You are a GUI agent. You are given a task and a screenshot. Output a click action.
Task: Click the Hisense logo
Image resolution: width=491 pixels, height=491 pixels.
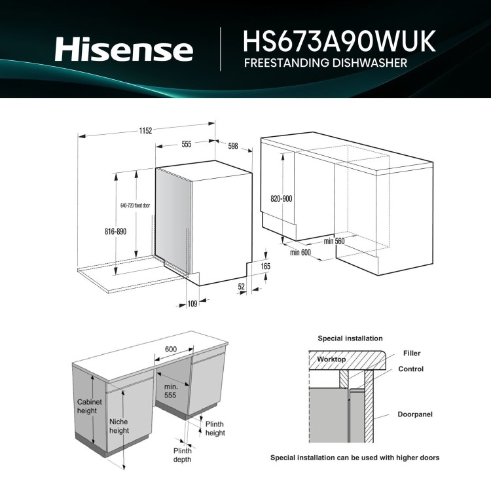coord(124,49)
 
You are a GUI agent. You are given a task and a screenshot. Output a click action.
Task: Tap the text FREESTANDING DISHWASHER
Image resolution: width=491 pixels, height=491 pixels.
coord(325,64)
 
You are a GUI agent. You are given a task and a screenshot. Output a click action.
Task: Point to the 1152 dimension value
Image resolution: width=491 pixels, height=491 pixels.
coord(145,131)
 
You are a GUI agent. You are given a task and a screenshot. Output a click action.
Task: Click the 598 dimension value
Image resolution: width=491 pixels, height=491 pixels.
coord(233,146)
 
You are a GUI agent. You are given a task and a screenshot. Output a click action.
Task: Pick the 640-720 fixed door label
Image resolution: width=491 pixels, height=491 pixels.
coord(136,206)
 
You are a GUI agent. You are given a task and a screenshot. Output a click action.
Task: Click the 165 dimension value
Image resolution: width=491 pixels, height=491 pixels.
coord(264,266)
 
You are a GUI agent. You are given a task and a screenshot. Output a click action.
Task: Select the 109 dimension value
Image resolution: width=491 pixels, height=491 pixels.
coord(192,303)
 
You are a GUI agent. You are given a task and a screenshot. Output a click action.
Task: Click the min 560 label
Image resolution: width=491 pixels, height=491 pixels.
coord(334,241)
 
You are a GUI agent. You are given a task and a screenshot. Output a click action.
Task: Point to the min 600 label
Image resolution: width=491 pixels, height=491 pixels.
coord(300,252)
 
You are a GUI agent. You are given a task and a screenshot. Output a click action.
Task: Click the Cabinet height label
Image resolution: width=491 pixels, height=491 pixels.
coord(89,407)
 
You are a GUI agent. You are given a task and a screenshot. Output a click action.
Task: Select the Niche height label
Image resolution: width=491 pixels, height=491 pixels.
coord(119,426)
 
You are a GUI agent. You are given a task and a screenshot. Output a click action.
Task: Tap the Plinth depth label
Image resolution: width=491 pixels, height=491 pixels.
coord(182,455)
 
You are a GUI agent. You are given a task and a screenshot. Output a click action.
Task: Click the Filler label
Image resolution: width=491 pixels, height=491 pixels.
coord(412,354)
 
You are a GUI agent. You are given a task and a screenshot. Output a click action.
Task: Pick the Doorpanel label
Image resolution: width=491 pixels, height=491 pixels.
coord(415,414)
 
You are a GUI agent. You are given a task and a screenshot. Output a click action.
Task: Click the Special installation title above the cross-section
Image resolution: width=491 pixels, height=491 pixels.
coord(350,338)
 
